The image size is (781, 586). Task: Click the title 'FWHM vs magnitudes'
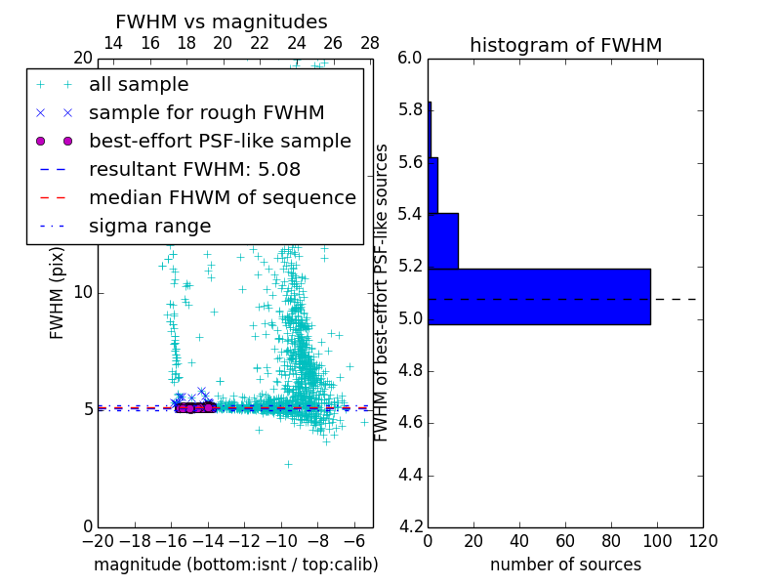tap(222, 22)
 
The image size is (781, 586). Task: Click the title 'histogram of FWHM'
tap(565, 45)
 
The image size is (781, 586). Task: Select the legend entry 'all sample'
tap(139, 85)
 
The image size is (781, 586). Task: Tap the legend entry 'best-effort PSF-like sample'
tap(220, 141)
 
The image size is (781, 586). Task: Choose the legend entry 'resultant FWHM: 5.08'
tap(194, 169)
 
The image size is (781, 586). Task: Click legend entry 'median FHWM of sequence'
tap(222, 197)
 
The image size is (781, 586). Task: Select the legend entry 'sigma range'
tap(149, 226)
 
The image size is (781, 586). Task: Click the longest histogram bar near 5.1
tap(539, 296)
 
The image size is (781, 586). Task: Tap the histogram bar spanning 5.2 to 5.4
tap(442, 240)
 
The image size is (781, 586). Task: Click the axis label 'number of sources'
tap(565, 565)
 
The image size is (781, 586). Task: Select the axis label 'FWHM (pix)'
tap(58, 292)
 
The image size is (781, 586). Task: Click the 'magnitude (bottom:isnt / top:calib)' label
tap(235, 565)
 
